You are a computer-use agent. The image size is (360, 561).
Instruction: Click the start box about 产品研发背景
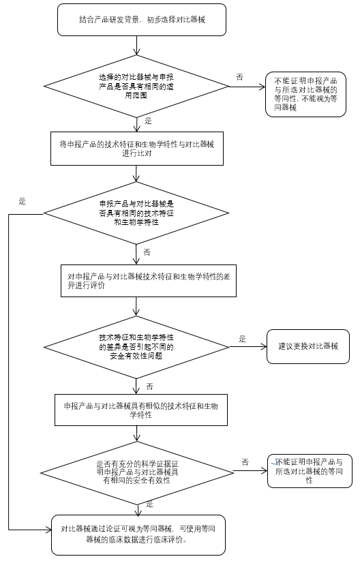pos(138,20)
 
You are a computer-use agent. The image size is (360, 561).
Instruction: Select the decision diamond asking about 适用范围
pos(137,87)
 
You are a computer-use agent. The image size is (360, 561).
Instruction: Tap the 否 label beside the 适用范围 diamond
pos(239,77)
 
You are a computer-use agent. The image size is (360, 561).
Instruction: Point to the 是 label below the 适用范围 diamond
pos(148,121)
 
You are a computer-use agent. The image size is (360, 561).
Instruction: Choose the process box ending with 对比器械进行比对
pos(137,148)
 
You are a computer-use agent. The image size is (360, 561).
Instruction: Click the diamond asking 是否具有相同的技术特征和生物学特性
pos(137,213)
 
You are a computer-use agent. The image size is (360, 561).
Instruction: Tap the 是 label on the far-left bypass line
pos(22,201)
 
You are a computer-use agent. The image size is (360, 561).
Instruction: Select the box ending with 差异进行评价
pos(148,280)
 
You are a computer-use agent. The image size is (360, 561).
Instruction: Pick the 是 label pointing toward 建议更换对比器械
pos(242,338)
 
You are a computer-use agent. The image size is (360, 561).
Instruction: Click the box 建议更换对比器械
pos(307,346)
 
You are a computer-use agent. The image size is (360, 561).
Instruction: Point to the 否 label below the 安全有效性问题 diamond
pos(149,386)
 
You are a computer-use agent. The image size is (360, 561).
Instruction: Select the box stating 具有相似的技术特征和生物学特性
pos(140,410)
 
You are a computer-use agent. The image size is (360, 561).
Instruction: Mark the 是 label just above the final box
pos(149,505)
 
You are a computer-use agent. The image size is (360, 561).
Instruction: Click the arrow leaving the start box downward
pos(138,45)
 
